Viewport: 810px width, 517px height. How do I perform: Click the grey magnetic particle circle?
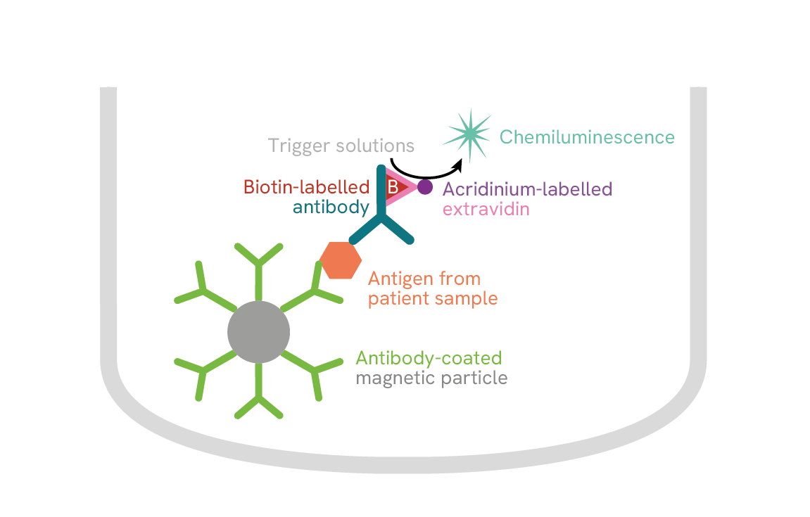258,332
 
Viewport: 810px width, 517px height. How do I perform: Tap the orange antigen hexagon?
341,260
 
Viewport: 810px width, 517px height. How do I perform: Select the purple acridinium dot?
425,187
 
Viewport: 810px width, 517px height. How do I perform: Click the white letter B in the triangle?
393,187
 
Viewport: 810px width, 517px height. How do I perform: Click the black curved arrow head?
460,164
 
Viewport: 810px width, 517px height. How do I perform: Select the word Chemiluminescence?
587,137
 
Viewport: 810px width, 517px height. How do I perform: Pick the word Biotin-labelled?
306,188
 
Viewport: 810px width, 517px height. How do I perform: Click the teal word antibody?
331,208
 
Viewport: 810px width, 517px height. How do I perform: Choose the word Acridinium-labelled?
527,189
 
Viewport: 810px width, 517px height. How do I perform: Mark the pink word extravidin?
485,209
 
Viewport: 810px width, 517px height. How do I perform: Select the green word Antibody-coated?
429,357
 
